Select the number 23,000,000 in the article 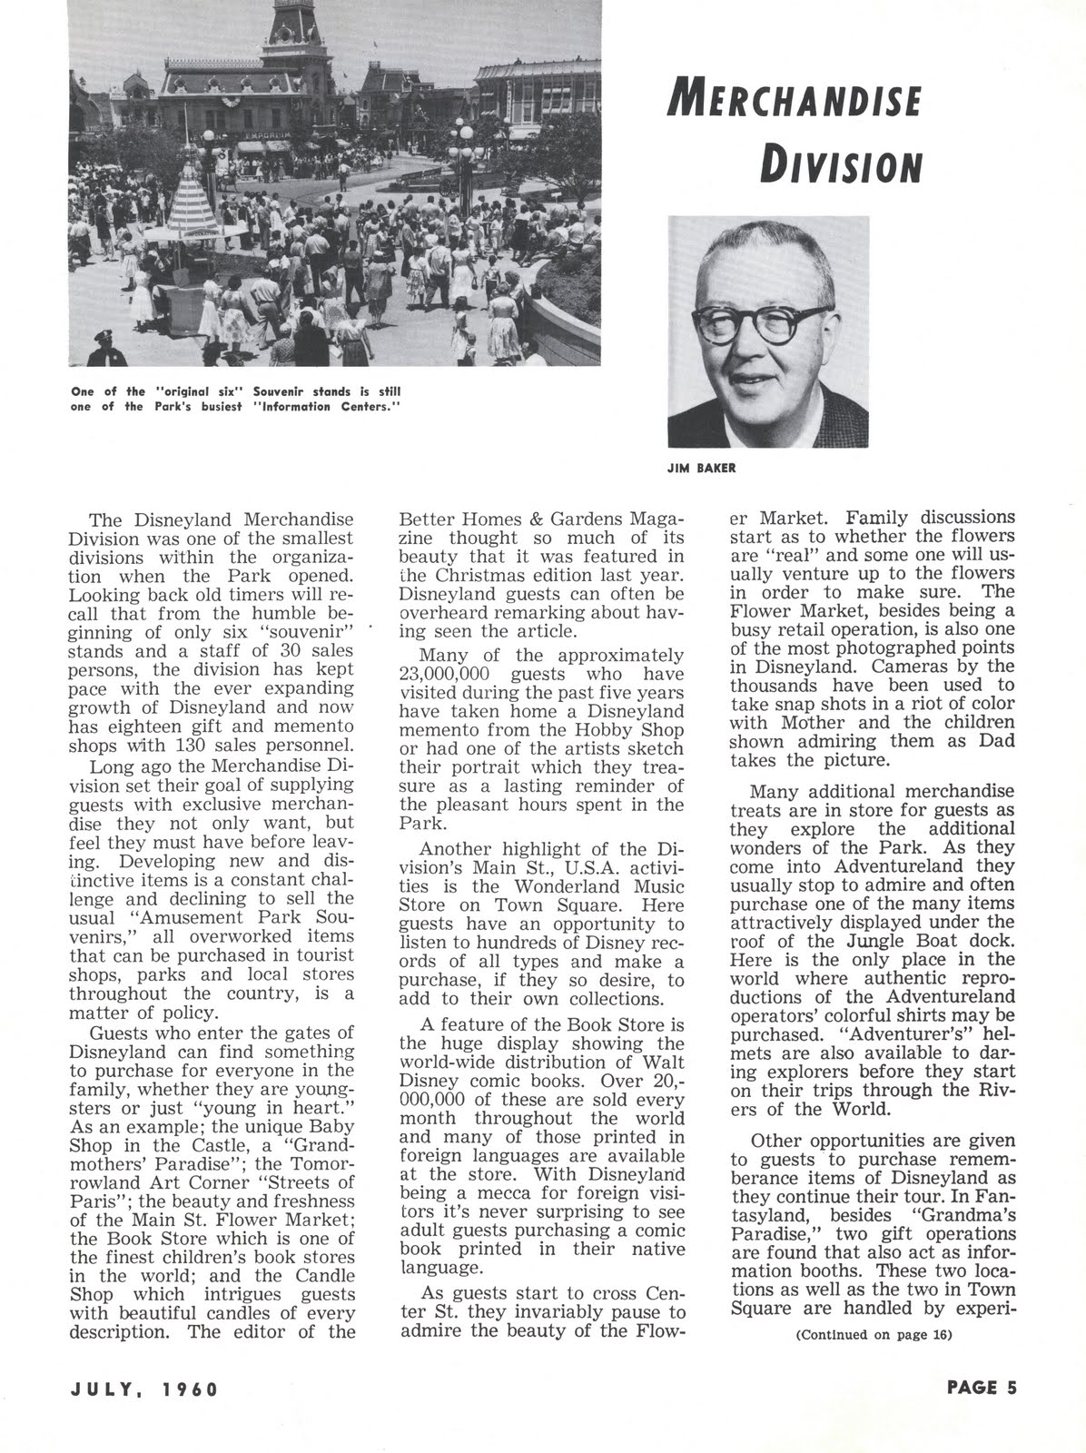(444, 675)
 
